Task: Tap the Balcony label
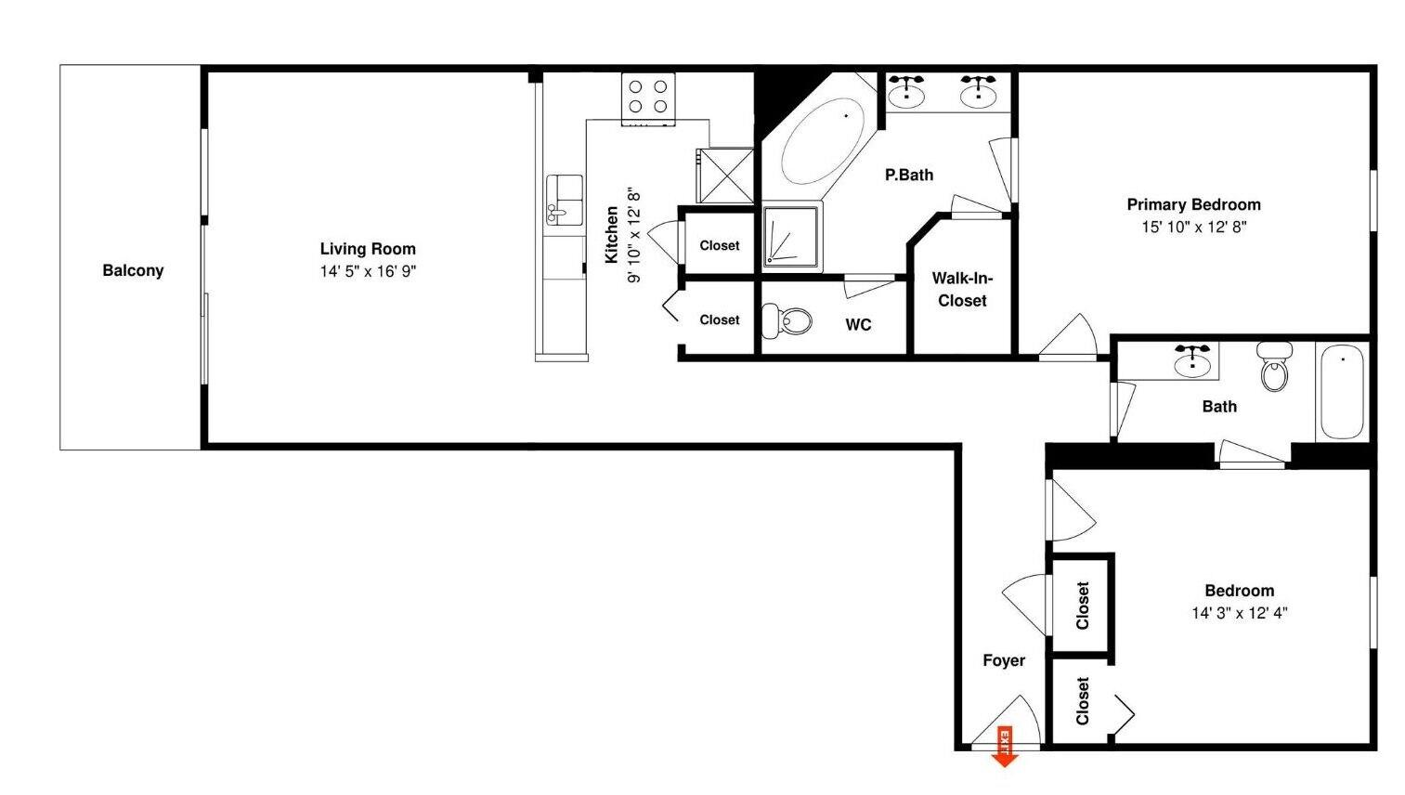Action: tap(133, 270)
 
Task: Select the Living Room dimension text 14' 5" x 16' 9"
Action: tap(368, 271)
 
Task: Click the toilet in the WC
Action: tap(787, 321)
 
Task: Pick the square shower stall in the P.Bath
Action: tap(791, 238)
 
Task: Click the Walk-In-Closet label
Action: tap(962, 289)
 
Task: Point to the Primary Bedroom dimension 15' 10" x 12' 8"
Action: tap(1193, 227)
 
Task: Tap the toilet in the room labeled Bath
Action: tap(1275, 366)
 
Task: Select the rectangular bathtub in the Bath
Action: tap(1342, 391)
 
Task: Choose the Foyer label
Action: tap(1004, 660)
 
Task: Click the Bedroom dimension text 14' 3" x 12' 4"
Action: tap(1239, 613)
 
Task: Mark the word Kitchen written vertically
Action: tap(612, 235)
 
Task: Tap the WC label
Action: tap(858, 324)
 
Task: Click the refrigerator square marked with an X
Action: tap(724, 175)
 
